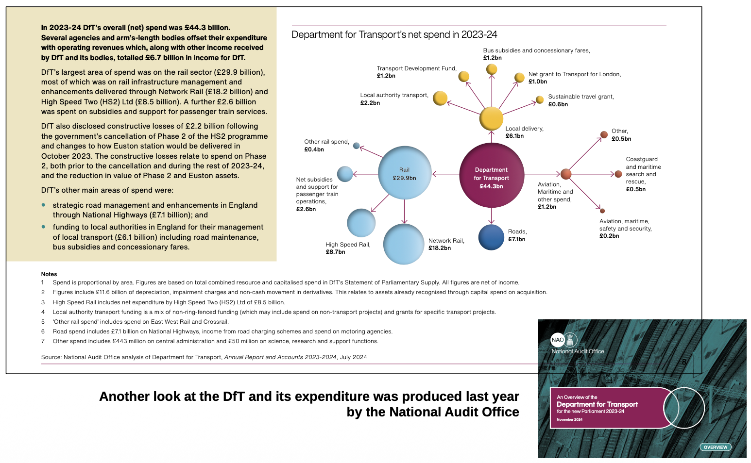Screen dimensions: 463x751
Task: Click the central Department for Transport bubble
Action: pyautogui.click(x=491, y=175)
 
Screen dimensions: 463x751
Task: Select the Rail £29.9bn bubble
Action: pyautogui.click(x=404, y=173)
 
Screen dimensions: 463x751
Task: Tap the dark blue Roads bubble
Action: pyautogui.click(x=491, y=237)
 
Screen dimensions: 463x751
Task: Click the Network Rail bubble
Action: pyautogui.click(x=404, y=244)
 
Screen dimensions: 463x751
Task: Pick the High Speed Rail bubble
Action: pyautogui.click(x=361, y=223)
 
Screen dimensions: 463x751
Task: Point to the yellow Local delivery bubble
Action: pyautogui.click(x=491, y=118)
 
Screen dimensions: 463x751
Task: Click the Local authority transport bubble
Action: pyautogui.click(x=440, y=98)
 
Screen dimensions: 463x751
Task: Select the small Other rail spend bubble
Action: pyautogui.click(x=356, y=146)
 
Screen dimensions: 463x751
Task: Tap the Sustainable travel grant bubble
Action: pyautogui.click(x=540, y=100)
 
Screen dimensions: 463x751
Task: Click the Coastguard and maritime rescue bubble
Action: pyautogui.click(x=618, y=174)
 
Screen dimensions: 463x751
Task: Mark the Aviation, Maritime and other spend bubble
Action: pyautogui.click(x=566, y=174)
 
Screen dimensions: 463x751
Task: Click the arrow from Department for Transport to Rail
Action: pyautogui.click(x=445, y=173)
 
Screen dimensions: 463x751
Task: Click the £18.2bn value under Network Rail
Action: pyautogui.click(x=439, y=248)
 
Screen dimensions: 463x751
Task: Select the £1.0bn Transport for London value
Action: pyautogui.click(x=538, y=82)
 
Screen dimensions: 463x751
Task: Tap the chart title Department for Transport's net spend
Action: pyautogui.click(x=394, y=34)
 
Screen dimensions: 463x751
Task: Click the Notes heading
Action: pyautogui.click(x=49, y=274)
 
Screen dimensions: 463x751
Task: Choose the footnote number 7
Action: pyautogui.click(x=43, y=341)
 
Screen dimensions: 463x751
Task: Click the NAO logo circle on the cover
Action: pyautogui.click(x=557, y=340)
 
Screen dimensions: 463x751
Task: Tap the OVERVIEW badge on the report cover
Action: pyautogui.click(x=715, y=447)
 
